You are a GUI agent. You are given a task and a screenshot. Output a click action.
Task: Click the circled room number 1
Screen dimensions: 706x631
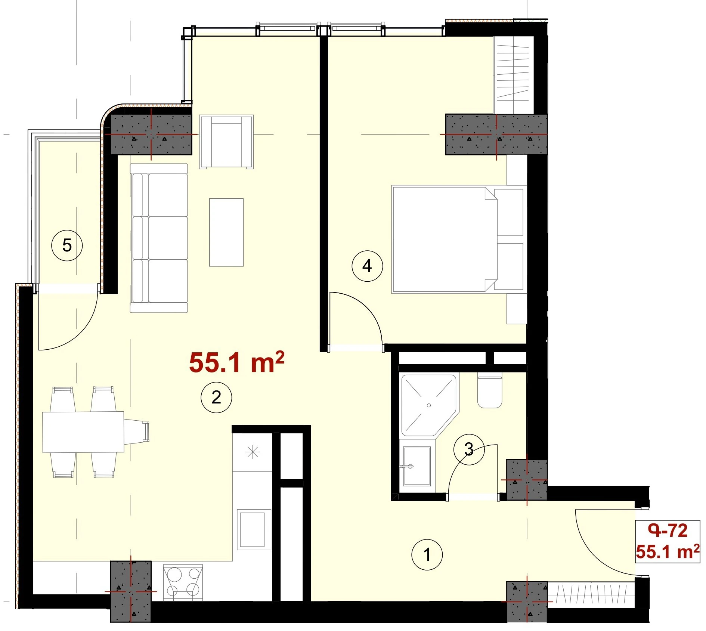pos(427,554)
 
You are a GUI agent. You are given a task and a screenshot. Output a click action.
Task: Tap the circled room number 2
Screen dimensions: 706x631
pos(216,397)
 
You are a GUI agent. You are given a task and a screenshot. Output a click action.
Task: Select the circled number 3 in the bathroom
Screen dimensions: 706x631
pos(469,449)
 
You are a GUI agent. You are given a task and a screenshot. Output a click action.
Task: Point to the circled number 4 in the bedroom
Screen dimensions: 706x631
pos(367,266)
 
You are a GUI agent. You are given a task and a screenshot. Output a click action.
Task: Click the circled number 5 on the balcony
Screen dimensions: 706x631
pos(67,245)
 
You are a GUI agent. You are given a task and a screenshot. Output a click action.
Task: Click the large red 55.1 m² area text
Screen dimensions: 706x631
pos(236,362)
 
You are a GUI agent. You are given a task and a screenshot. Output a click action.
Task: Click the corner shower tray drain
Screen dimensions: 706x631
pos(429,405)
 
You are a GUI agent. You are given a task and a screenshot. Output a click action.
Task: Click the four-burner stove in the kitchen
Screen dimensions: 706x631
pos(183,582)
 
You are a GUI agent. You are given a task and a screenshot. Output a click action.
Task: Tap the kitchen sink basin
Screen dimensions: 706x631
pos(252,529)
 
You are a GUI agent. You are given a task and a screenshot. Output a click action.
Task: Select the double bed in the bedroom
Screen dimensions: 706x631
pos(459,239)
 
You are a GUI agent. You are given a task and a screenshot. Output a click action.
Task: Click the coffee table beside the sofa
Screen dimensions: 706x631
pos(226,232)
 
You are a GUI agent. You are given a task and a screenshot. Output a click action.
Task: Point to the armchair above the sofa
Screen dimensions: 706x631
pos(226,142)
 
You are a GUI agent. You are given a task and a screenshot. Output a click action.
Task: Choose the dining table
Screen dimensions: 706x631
pos(83,432)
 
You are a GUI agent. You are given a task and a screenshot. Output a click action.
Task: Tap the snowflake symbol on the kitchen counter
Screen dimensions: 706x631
pos(253,452)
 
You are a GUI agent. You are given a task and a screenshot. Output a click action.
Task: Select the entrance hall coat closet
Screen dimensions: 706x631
pos(591,594)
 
